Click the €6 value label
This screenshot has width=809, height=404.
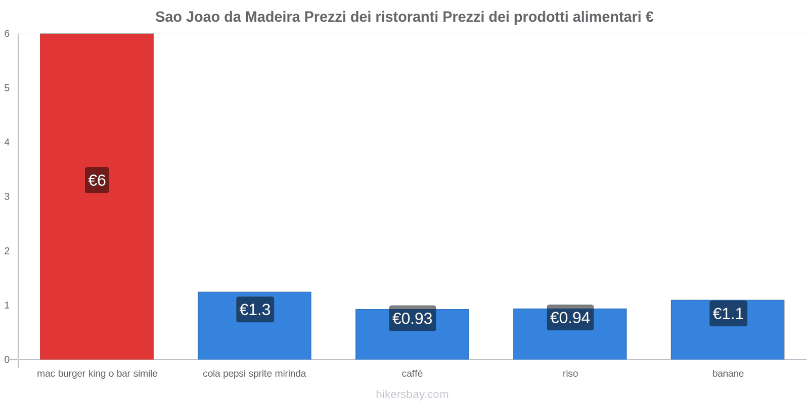[x=97, y=180]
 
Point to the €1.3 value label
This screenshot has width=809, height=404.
[x=255, y=310]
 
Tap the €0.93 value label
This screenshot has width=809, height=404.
[x=413, y=319]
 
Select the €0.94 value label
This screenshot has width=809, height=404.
[x=570, y=318]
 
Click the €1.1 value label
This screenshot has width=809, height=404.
[x=728, y=314]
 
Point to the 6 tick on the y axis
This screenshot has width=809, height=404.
[x=7, y=34]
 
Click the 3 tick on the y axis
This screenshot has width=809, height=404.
[x=7, y=196]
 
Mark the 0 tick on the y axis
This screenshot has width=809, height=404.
[x=7, y=360]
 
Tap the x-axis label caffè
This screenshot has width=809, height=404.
[x=412, y=374]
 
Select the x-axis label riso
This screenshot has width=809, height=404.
[x=570, y=374]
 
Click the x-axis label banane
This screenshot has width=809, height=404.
[x=728, y=374]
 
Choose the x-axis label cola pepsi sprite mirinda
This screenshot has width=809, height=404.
[x=254, y=374]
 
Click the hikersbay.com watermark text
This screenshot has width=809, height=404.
[x=412, y=394]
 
